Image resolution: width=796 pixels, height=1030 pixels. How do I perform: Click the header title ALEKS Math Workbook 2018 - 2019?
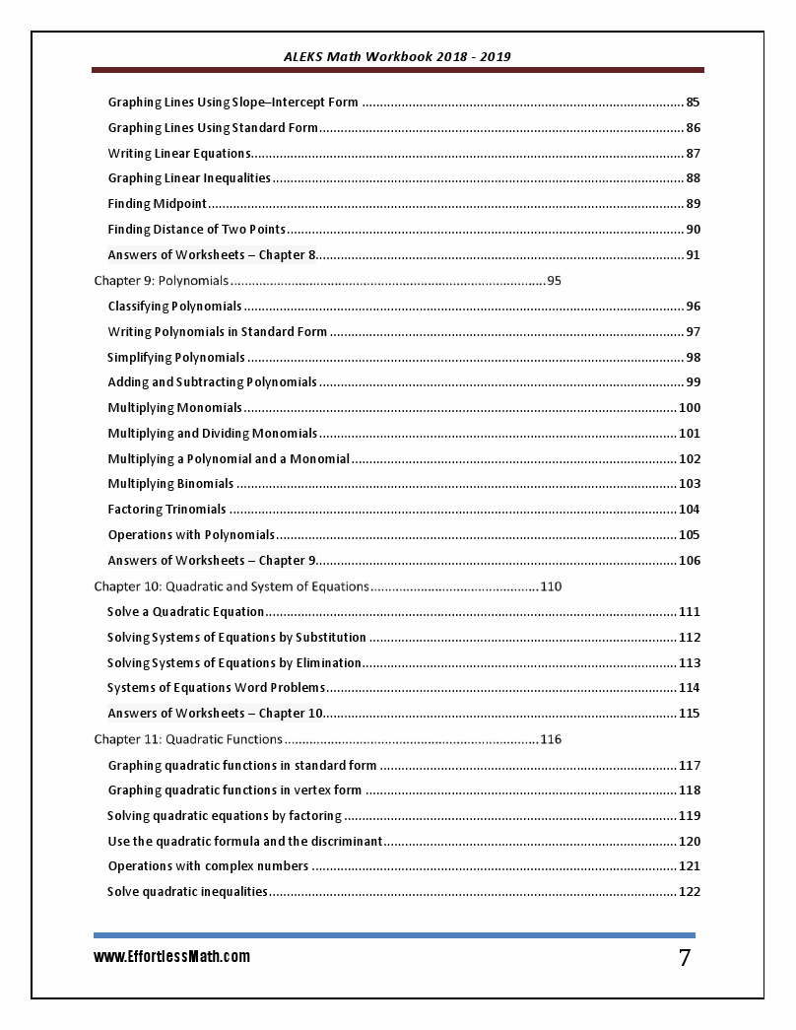point(397,56)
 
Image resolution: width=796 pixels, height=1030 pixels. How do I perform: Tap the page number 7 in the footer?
point(685,958)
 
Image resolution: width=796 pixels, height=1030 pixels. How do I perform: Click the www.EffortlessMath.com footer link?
point(172,957)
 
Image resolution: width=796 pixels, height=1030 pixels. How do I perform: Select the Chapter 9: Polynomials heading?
point(162,281)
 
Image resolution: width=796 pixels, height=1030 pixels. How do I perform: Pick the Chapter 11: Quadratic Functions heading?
point(188,739)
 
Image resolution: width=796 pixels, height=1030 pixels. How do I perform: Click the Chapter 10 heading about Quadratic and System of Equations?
point(232,586)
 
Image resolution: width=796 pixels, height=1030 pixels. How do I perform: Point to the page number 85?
point(693,103)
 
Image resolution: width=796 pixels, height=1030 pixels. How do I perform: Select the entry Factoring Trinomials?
point(167,510)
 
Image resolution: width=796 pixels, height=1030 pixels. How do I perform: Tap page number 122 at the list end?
point(690,892)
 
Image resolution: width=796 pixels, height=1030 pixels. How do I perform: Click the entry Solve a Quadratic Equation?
point(186,612)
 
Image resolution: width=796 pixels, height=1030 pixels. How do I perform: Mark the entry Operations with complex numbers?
point(208,866)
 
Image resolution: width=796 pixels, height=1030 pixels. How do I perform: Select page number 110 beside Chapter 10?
point(551,586)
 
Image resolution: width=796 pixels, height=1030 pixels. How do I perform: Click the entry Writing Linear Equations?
point(179,154)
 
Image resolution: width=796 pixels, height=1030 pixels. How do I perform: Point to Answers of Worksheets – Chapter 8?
point(212,255)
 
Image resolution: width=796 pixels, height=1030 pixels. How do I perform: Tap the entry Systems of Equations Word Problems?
point(217,688)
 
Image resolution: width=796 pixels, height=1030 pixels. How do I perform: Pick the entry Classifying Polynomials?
point(175,307)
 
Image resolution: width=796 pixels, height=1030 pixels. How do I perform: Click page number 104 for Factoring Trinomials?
point(690,510)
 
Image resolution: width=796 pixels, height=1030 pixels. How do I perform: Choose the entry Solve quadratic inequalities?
point(187,892)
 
